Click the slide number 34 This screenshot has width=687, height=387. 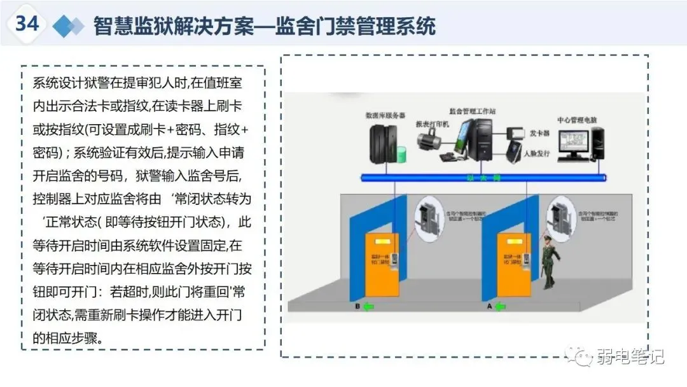27,24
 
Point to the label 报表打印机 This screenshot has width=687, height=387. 432,123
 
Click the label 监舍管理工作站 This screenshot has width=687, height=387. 472,111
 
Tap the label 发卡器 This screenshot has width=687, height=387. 539,134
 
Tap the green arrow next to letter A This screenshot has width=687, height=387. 501,307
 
